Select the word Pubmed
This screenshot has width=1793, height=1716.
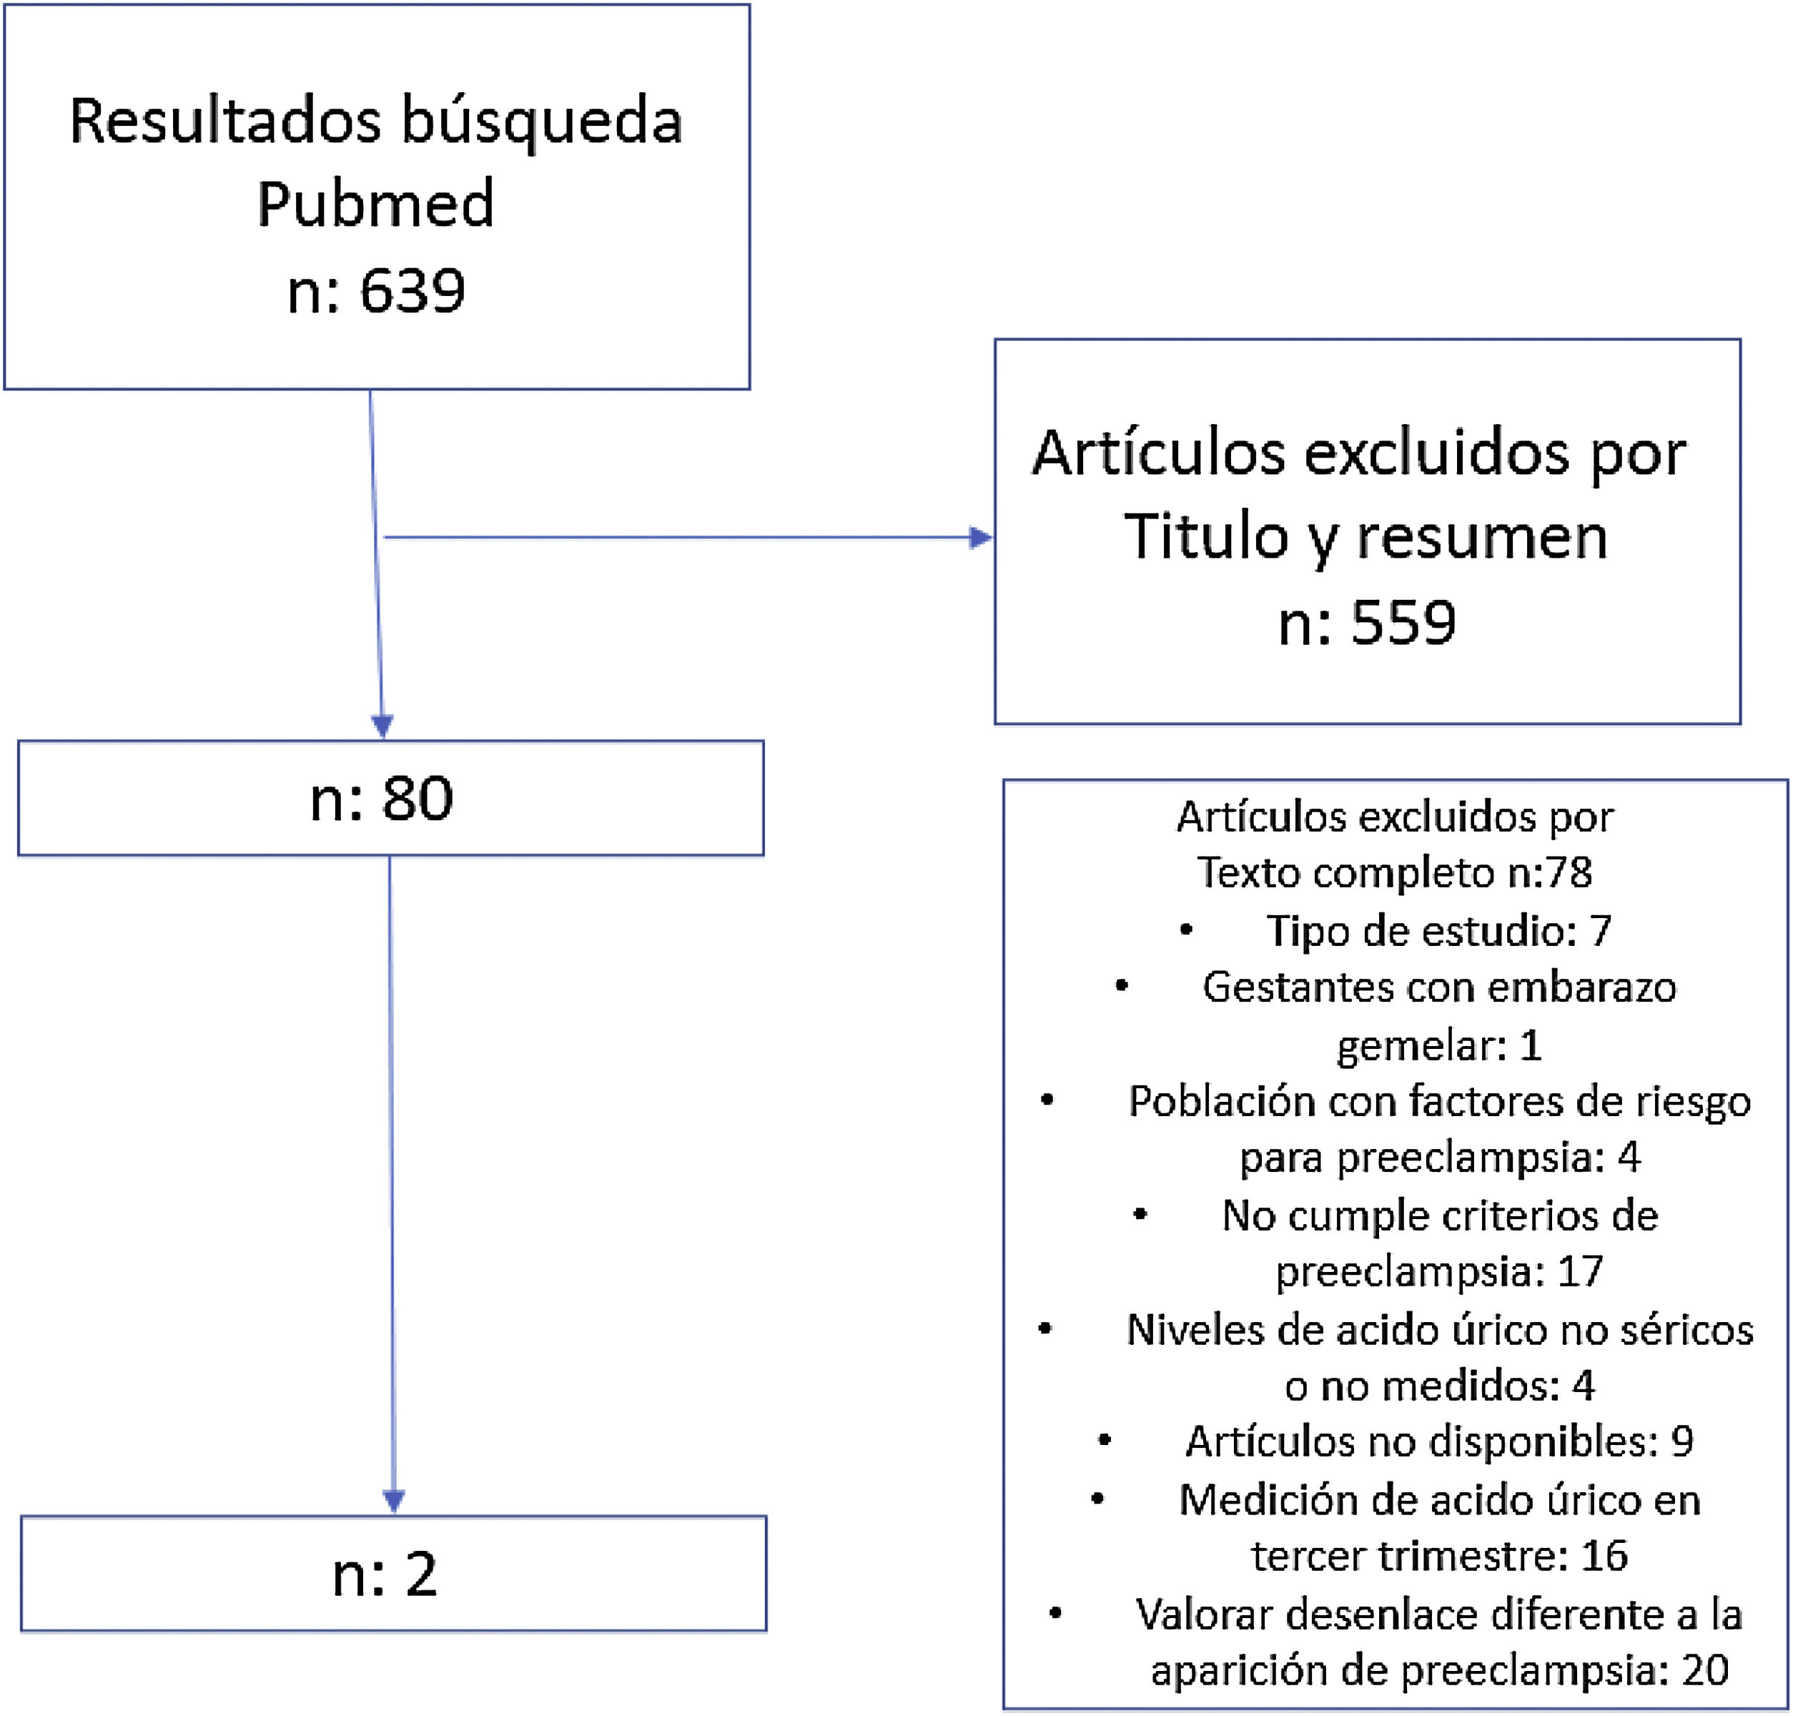[x=375, y=204]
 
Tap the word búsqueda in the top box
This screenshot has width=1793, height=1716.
[x=542, y=122]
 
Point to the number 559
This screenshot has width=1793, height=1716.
[x=1403, y=623]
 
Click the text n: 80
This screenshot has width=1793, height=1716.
[x=382, y=799]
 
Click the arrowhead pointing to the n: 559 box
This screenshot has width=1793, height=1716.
[x=981, y=538]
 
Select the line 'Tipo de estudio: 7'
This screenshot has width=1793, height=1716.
[x=1438, y=931]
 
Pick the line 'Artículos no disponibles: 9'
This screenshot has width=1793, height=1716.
[x=1439, y=1441]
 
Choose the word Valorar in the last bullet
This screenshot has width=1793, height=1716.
[x=1204, y=1614]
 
